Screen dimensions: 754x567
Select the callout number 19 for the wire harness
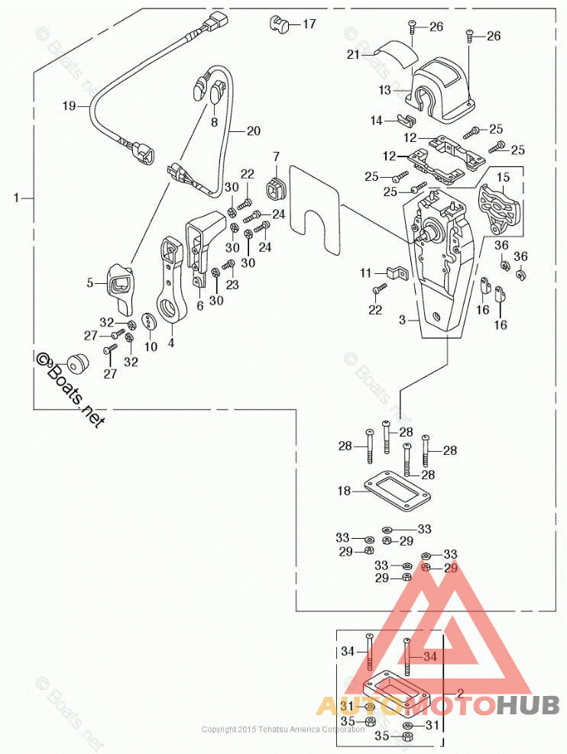click(x=70, y=108)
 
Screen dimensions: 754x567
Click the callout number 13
click(x=384, y=90)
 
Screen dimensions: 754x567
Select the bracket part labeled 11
click(x=396, y=272)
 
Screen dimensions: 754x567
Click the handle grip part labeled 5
click(x=119, y=283)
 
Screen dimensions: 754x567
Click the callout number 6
click(x=199, y=305)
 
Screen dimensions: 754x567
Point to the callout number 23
click(x=232, y=285)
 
